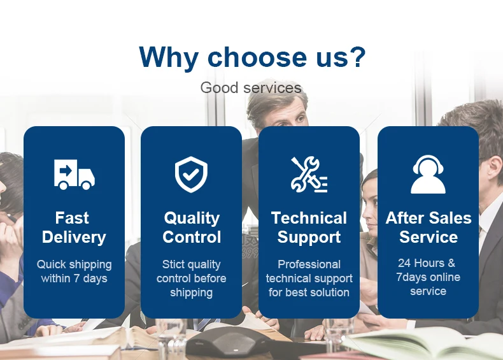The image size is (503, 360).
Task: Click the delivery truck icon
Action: coord(74,175)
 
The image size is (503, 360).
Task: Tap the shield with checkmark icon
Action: coord(191,175)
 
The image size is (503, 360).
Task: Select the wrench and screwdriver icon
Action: coord(309,175)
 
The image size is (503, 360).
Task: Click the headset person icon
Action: coord(428,175)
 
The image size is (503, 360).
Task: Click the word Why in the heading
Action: coord(169,57)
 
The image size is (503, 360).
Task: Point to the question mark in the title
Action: coord(356,57)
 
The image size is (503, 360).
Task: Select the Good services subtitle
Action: coord(251,87)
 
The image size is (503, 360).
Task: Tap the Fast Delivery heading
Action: coord(74,227)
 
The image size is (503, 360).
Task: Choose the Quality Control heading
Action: coord(192,227)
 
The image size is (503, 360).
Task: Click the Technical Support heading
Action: coord(309,227)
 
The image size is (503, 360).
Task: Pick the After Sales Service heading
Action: coord(429,227)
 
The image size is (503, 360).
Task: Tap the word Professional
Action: coord(309,264)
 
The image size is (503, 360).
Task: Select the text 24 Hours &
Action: coord(427,263)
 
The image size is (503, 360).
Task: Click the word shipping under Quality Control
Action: coord(191,292)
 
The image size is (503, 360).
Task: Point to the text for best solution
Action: coord(309,292)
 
